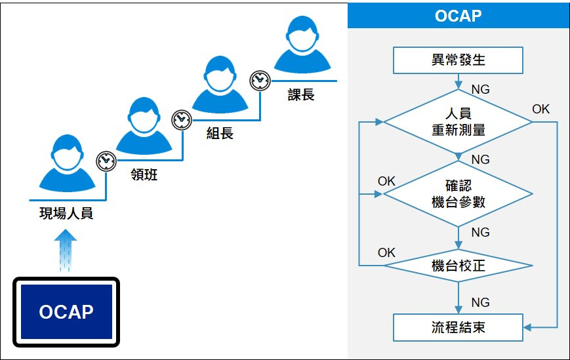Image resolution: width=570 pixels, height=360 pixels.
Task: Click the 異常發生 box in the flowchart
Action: click(458, 60)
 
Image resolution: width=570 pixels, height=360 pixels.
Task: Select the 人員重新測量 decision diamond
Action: click(458, 122)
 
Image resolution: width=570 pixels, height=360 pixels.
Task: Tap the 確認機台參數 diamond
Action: click(458, 193)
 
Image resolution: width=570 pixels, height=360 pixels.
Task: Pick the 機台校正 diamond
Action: click(458, 266)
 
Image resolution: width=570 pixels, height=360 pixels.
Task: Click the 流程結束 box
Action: click(458, 328)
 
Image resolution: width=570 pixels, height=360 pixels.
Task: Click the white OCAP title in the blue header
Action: click(458, 16)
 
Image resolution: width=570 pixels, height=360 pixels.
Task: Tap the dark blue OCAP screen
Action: click(66, 311)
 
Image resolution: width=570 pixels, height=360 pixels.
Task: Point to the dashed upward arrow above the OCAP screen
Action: click(66, 250)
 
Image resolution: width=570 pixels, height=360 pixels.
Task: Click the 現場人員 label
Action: click(66, 213)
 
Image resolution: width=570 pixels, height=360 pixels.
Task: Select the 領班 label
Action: click(144, 174)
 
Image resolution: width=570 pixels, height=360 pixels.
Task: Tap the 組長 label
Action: click(220, 133)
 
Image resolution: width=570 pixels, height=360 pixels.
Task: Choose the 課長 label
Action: click(301, 94)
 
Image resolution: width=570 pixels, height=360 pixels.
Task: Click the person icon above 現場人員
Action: click(67, 163)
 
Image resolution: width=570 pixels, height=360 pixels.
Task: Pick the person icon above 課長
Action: click(302, 45)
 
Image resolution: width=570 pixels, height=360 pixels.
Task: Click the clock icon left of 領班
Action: click(106, 161)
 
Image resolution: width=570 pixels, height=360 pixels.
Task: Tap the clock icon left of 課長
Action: click(260, 80)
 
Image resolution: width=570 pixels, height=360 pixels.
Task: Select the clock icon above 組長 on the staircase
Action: click(182, 120)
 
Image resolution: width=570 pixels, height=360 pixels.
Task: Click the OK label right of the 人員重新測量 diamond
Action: click(540, 109)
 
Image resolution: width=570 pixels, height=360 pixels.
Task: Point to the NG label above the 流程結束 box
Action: click(480, 302)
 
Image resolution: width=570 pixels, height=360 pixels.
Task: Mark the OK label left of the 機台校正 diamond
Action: click(386, 252)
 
